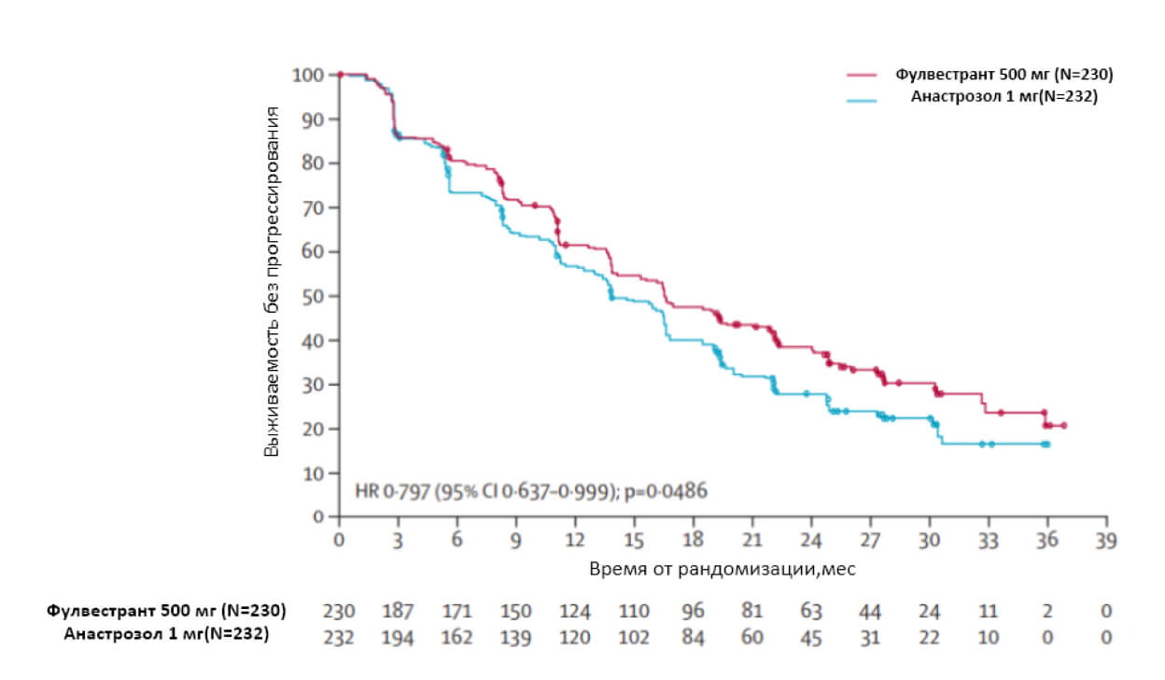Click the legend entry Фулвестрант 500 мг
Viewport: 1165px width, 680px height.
pos(1004,75)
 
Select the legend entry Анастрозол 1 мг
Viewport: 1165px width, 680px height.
pos(1004,95)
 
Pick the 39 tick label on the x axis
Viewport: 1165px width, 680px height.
pos(1106,539)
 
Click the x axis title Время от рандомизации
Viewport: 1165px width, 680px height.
pos(723,568)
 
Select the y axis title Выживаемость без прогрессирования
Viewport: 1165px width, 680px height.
pos(272,282)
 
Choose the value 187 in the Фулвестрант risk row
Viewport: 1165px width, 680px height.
pos(398,612)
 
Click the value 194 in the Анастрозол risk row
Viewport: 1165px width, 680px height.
pos(398,637)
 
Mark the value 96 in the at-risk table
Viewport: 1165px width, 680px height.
pos(693,612)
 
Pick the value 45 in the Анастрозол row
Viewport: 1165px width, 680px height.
pos(811,637)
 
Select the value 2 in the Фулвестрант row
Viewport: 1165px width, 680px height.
pos(1047,612)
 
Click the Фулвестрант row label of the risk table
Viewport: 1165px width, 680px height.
pos(166,612)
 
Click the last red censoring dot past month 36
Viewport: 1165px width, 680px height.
pos(1063,426)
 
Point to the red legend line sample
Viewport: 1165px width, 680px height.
pos(863,75)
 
